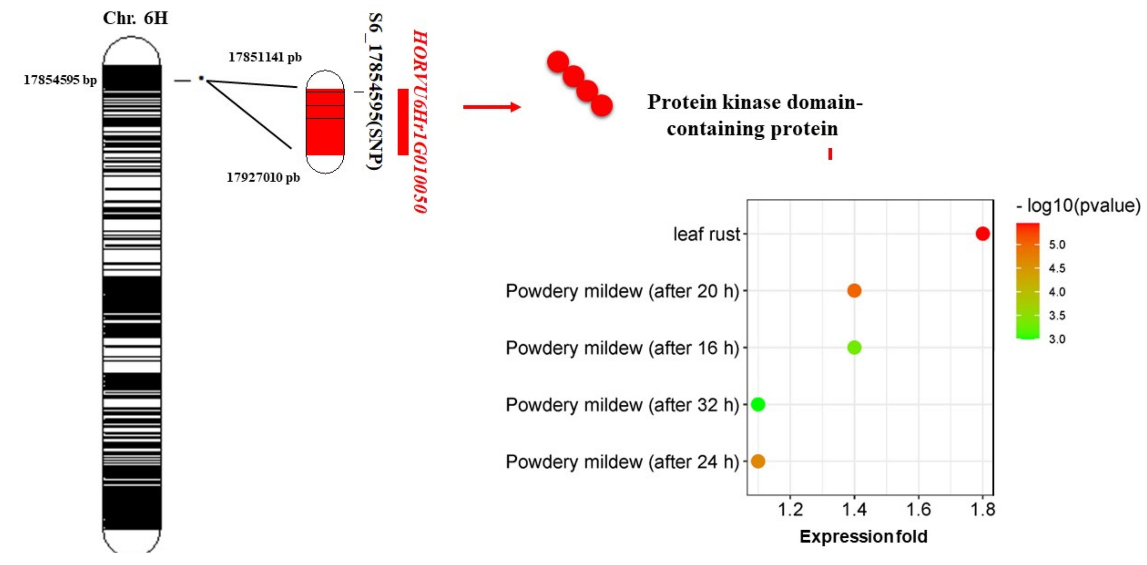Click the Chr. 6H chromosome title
135,18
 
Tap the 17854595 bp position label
60,80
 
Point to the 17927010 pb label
263,178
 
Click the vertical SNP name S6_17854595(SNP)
375,91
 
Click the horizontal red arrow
492,107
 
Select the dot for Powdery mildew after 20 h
854,291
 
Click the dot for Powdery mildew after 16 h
854,347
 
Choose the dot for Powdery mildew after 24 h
758,461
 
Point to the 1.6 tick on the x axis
918,509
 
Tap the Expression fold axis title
863,537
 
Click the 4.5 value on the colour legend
1057,268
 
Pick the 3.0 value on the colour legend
1057,339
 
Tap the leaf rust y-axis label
706,234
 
